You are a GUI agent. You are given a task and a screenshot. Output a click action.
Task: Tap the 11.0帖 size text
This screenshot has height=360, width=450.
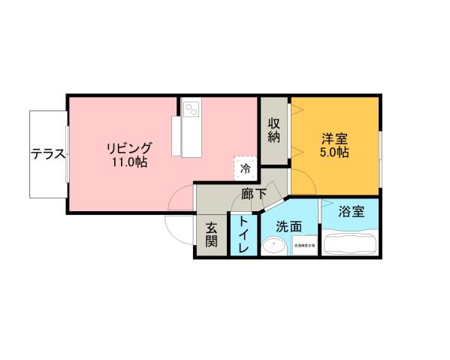coord(130,162)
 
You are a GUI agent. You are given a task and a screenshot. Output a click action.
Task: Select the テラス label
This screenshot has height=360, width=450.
coord(48,155)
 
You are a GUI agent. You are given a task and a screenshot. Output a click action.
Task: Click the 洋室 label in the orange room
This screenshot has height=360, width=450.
coord(334,138)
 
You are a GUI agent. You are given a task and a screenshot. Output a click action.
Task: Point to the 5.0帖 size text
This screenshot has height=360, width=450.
coord(334,153)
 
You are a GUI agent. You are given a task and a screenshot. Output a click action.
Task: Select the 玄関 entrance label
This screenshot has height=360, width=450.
coord(211,234)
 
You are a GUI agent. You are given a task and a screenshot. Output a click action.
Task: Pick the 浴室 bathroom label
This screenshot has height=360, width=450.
coord(352,211)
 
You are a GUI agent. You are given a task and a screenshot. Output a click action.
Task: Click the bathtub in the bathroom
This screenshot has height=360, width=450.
coord(351,244)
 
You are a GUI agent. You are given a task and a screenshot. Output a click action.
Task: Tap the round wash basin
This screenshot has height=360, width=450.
coord(275,246)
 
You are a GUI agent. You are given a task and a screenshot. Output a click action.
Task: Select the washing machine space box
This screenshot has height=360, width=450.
coord(304,245)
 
